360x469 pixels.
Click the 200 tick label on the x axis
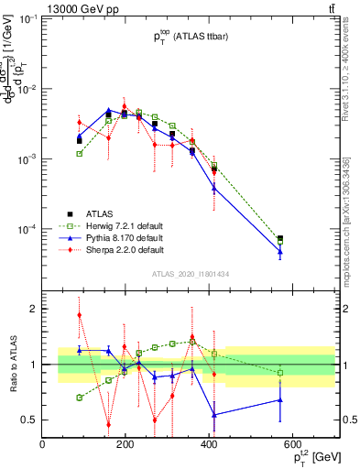(x=126, y=445)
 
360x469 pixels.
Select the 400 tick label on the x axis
(x=210, y=445)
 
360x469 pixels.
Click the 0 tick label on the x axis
(x=43, y=445)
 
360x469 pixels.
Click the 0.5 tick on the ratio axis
(x=27, y=420)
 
